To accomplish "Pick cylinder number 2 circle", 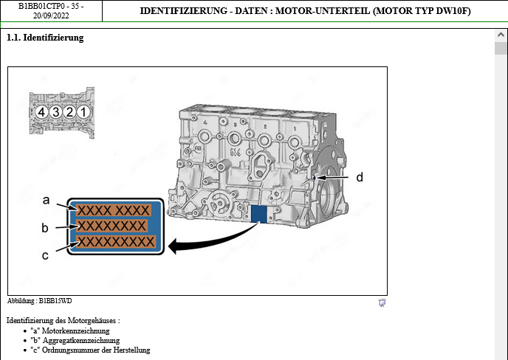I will click(x=69, y=112).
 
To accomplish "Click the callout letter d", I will click(x=360, y=177).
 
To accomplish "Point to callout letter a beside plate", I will click(x=46, y=200).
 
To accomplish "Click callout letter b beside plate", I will click(x=45, y=227).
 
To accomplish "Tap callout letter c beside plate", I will click(x=46, y=255).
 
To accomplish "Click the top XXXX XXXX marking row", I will click(x=114, y=211).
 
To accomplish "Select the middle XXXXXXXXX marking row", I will click(x=113, y=226).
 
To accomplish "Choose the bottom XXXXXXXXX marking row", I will click(x=116, y=241).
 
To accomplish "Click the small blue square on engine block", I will click(x=258, y=214).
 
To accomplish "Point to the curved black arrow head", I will click(x=173, y=246).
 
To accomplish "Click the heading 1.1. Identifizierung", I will click(x=45, y=38).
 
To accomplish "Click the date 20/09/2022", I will click(x=51, y=15).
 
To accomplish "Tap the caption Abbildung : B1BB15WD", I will click(x=40, y=301).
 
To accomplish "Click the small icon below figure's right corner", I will click(x=382, y=302).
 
